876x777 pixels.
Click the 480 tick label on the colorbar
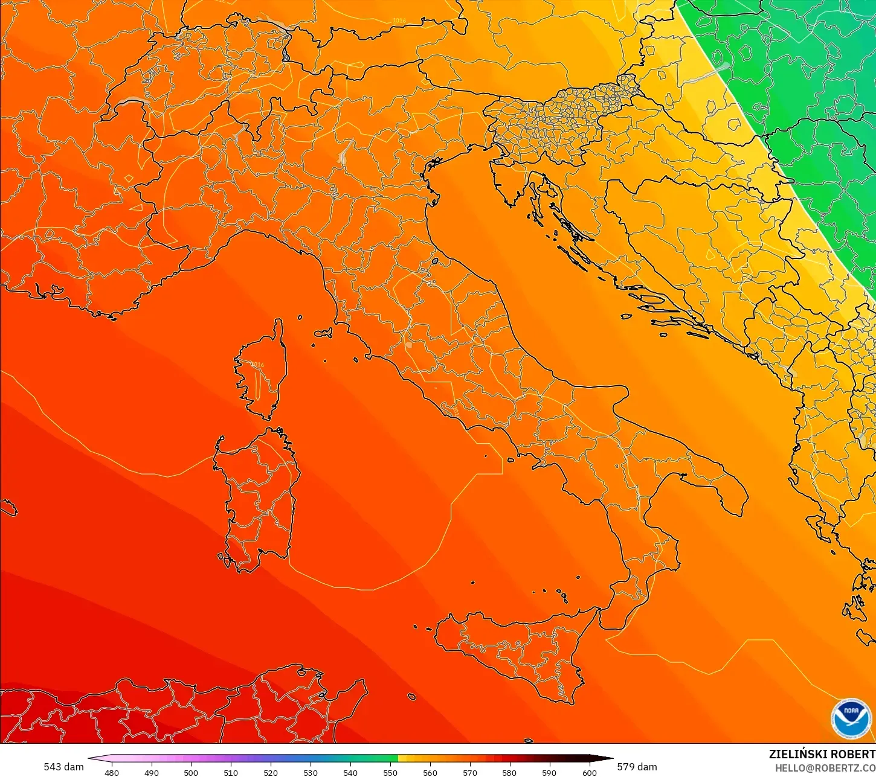point(112,772)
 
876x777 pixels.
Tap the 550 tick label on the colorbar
point(390,772)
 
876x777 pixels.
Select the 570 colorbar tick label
point(470,772)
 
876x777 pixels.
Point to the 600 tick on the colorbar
point(590,772)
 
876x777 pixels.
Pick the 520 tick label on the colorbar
point(271,772)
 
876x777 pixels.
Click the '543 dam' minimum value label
point(63,767)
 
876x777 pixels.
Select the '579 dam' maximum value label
point(637,767)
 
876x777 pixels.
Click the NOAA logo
point(851,718)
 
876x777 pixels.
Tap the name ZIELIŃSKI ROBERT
point(822,754)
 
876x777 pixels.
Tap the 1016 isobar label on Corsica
point(257,365)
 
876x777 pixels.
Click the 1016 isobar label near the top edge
point(399,21)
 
